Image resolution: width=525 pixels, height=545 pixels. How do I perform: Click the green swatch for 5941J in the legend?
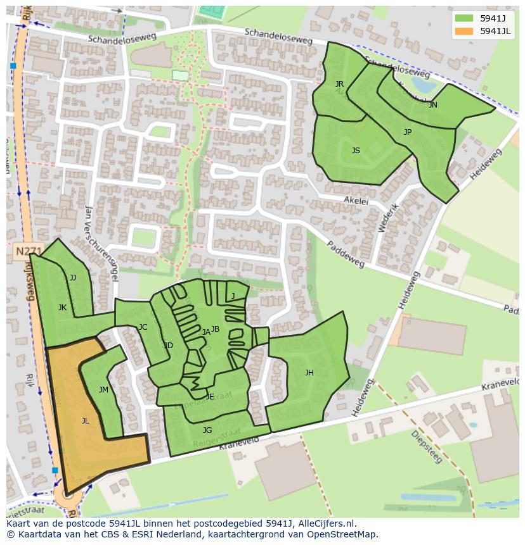[x=463, y=18]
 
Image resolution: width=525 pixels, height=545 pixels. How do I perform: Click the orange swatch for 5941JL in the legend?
[x=463, y=31]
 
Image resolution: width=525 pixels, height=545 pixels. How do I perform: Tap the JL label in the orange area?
[x=86, y=420]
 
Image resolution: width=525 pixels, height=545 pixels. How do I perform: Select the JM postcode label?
[x=103, y=390]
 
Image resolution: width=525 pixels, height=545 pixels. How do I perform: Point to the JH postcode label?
[x=309, y=373]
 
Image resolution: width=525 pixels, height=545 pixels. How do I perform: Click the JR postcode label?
[x=339, y=84]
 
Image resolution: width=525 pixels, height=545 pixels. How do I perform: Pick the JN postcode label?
[x=432, y=105]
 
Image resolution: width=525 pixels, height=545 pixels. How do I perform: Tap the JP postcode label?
[x=407, y=132]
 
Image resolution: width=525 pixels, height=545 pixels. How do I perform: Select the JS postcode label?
[x=356, y=151]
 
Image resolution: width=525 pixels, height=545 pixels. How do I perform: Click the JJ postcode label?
[x=72, y=278]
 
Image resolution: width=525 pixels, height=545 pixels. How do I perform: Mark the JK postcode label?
[x=62, y=308]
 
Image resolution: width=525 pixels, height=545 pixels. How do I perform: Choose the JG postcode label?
[x=207, y=430]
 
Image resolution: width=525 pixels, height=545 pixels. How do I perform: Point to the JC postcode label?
[x=143, y=327]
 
